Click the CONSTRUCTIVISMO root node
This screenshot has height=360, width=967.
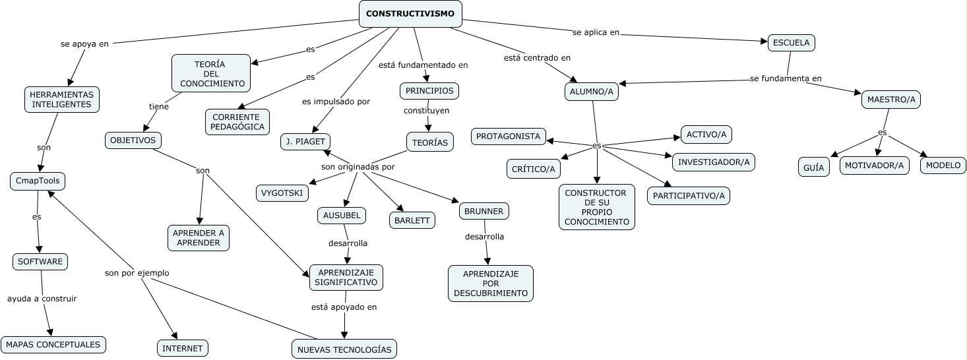point(410,14)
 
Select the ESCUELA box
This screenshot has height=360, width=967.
point(792,43)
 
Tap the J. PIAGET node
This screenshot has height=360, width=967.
point(305,142)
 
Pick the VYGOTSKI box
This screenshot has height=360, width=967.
point(282,193)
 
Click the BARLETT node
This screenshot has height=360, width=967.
point(412,220)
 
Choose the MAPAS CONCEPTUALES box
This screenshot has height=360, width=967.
point(53,344)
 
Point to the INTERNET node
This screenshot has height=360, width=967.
point(183,348)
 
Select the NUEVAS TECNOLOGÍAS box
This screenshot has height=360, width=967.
point(344,349)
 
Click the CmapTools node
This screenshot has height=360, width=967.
point(38,181)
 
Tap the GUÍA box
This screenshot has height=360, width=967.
point(814,167)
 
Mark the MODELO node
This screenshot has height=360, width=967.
point(943,165)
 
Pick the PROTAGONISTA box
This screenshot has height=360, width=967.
point(509,136)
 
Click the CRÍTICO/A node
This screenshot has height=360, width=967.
point(534,169)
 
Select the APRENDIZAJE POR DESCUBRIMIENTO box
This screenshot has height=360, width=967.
point(491,284)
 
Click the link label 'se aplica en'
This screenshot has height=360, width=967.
point(596,32)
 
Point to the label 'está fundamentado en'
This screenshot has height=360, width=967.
point(423,65)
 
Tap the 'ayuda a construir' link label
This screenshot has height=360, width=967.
point(42,299)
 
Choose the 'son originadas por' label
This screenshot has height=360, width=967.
point(358,167)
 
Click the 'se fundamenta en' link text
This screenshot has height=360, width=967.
point(786,78)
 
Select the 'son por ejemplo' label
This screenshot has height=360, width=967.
point(137,272)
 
